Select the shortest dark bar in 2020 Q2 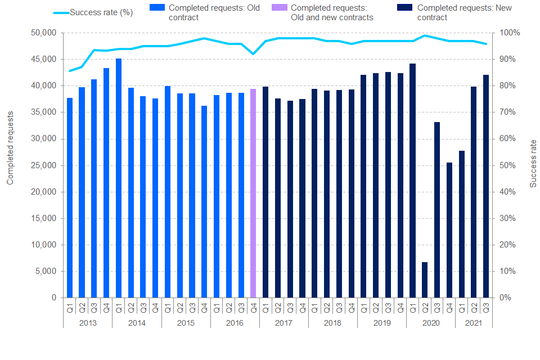425,280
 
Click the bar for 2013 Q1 70,197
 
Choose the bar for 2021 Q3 486,186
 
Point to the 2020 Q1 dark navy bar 412,180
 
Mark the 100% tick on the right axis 506,33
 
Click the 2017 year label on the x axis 283,323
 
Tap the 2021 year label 474,323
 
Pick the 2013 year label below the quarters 88,323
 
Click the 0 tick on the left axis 54,298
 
